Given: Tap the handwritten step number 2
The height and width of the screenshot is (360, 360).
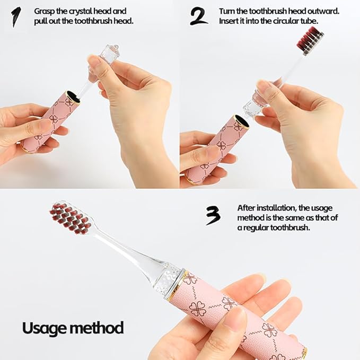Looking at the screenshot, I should coord(199,16).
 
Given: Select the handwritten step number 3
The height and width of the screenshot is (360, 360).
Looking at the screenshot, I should coord(213,216).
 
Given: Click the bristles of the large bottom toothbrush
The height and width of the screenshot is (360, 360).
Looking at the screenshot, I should coord(69,218).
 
